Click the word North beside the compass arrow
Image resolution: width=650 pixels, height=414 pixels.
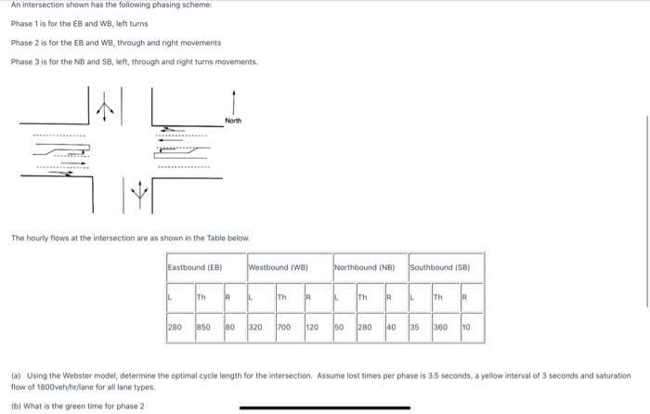click(x=233, y=121)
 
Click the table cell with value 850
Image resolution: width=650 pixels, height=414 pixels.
click(x=203, y=328)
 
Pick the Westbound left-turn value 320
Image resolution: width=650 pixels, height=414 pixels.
click(x=256, y=328)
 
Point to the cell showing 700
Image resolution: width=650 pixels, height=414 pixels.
click(x=284, y=328)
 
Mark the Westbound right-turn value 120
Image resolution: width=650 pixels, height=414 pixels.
click(x=312, y=328)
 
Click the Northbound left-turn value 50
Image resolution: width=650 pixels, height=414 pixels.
click(x=339, y=328)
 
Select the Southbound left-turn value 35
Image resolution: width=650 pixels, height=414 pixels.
click(x=415, y=328)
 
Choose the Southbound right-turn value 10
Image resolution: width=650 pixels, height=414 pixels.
click(x=465, y=328)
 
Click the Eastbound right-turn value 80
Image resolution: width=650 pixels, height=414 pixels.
click(x=229, y=328)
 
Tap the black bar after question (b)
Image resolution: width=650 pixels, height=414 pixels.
click(x=324, y=407)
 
